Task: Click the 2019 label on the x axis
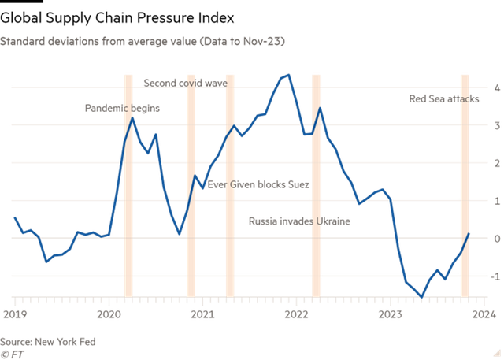[x=14, y=314]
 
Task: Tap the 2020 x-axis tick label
[x=109, y=314]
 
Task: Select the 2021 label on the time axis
[x=202, y=314]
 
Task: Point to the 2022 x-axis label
[x=296, y=314]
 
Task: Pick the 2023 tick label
[x=391, y=314]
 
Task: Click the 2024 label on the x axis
[x=484, y=314]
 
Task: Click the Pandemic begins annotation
[x=121, y=108]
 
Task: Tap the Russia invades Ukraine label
[x=299, y=221]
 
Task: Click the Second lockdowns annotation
[x=185, y=82]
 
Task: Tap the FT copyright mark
[x=11, y=354]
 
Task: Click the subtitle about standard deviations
[x=142, y=39]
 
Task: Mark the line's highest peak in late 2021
[x=289, y=75]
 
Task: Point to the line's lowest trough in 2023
[x=421, y=296]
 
